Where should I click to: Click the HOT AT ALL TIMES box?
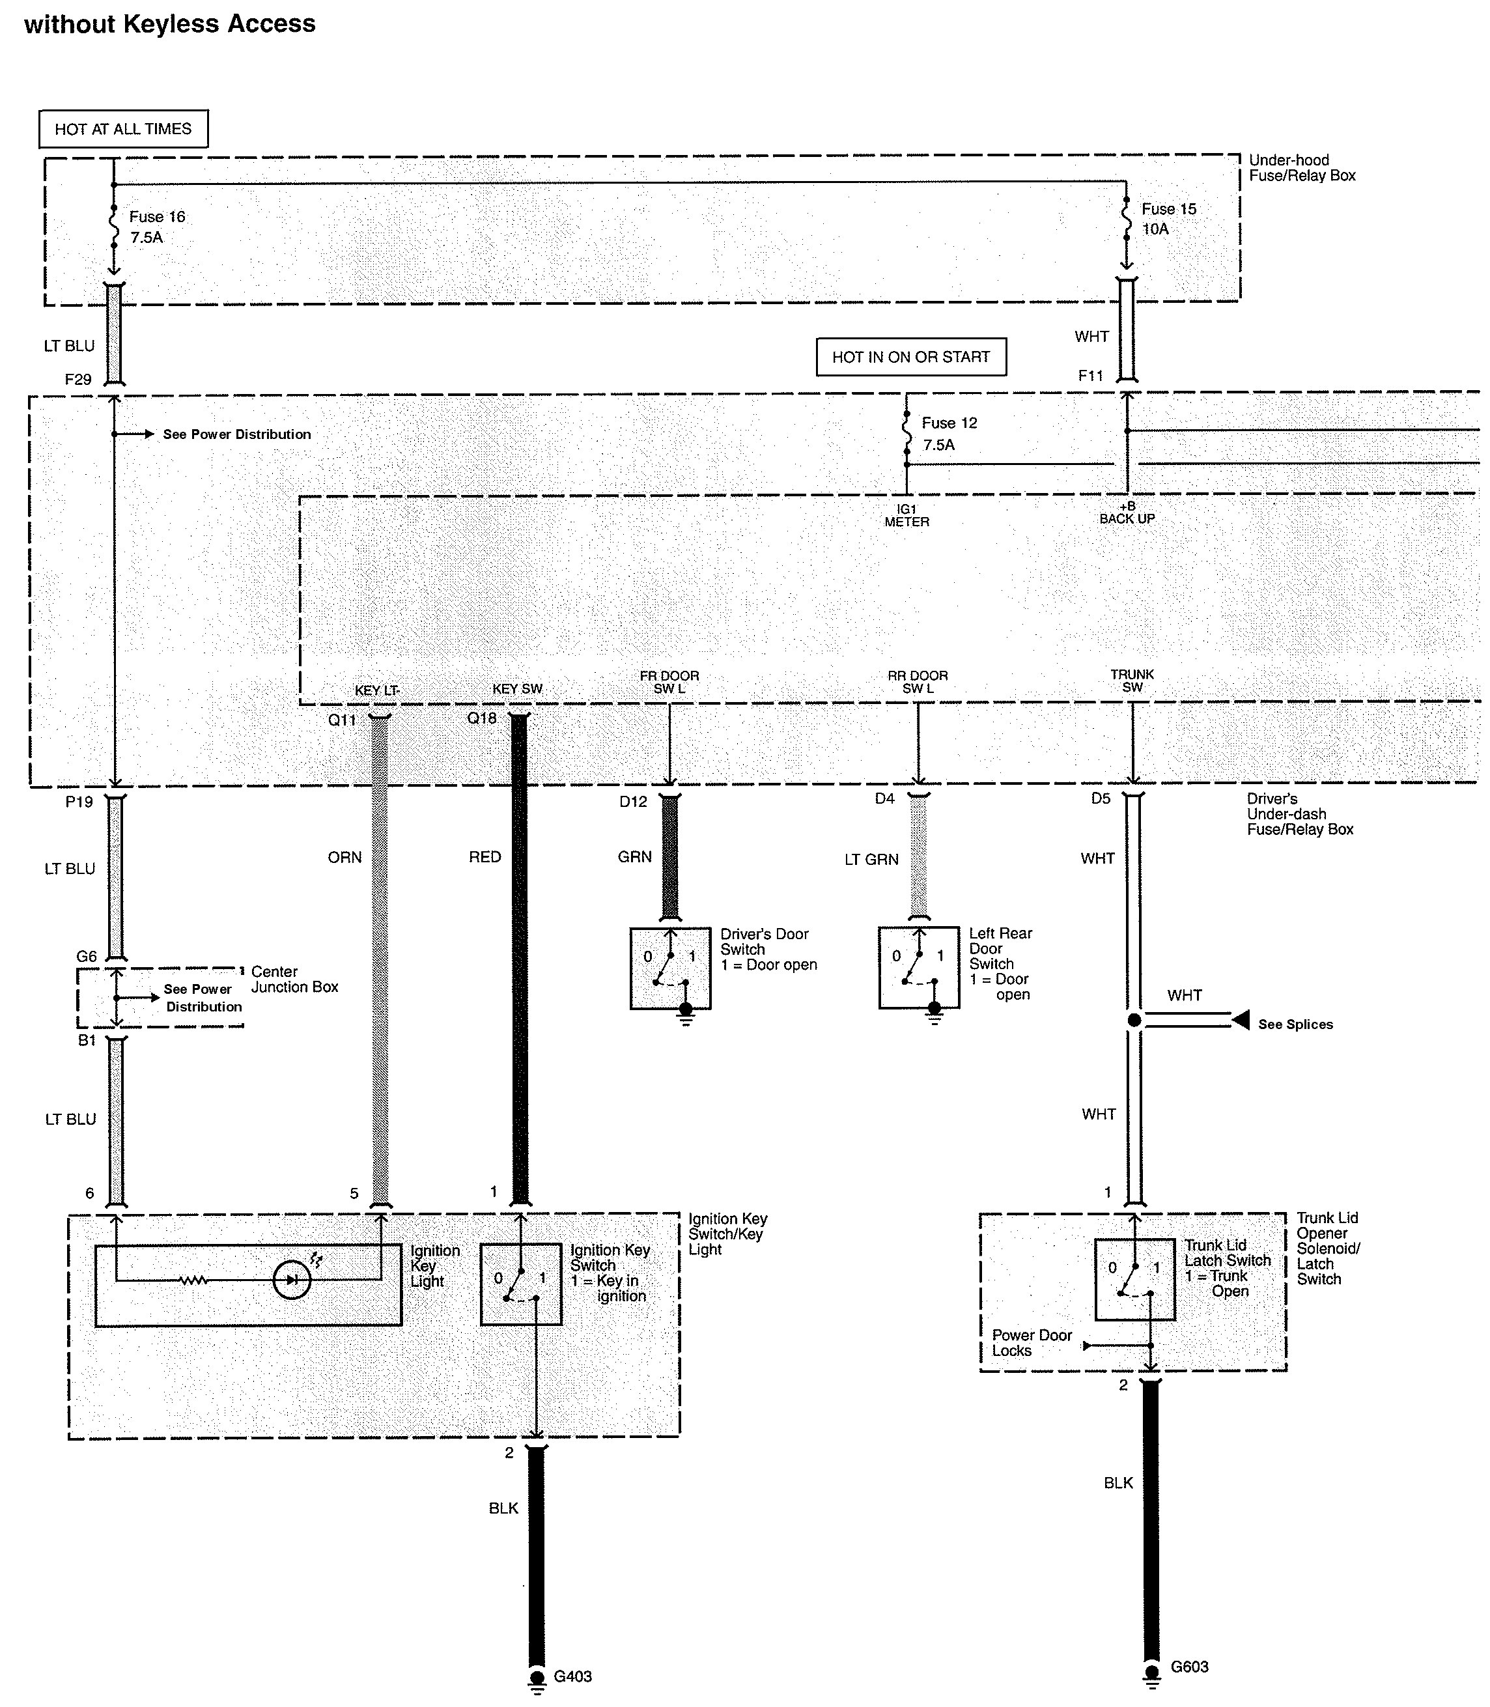(x=123, y=129)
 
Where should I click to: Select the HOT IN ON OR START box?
(x=911, y=357)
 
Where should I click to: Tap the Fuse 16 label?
(x=157, y=216)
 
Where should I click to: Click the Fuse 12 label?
(x=949, y=423)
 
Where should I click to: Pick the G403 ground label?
(x=573, y=1676)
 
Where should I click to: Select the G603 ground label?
(x=1190, y=1666)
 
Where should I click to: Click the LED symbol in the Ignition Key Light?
(x=292, y=1280)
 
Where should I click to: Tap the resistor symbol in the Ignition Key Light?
(x=193, y=1280)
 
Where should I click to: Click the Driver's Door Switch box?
(x=670, y=968)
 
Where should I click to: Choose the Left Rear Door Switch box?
(x=919, y=968)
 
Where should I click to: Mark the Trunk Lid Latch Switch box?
(x=1135, y=1279)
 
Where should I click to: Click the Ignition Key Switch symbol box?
(x=522, y=1284)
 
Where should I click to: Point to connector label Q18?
(x=483, y=718)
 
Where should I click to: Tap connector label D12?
(x=633, y=802)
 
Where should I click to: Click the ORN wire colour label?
(x=345, y=857)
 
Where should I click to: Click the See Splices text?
(x=1295, y=1024)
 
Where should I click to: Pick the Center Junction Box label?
(x=294, y=979)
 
